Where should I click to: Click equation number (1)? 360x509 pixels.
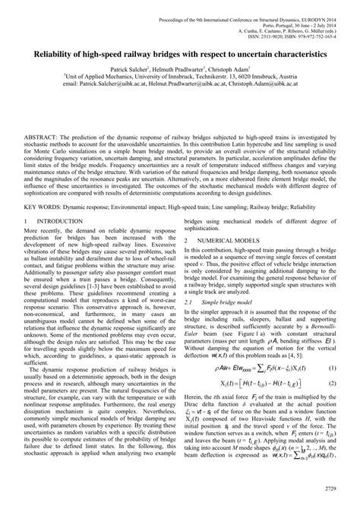coord(332,369)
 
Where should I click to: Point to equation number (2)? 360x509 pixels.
coord(332,386)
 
